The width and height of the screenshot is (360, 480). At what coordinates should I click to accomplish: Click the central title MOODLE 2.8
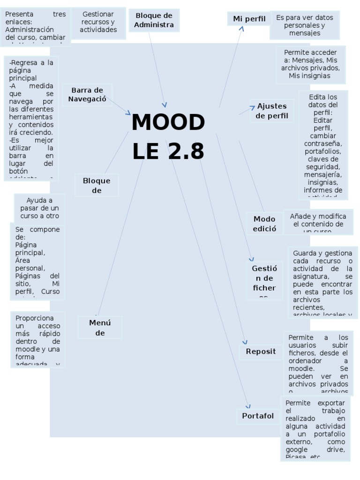coord(168,137)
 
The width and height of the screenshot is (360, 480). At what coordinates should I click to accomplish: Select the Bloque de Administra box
coord(154,20)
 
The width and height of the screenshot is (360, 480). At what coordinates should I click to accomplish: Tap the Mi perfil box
coord(249,19)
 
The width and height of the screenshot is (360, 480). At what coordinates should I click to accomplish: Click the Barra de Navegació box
coord(87,94)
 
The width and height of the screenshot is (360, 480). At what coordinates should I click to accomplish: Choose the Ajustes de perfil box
coord(272,111)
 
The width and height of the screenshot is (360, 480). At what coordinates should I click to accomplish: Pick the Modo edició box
coord(264,224)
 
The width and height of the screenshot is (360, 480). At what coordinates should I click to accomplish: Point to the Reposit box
coord(261,352)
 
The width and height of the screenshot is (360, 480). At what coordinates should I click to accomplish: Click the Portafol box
coord(258,416)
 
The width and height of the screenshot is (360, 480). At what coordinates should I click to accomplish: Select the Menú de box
coord(100,327)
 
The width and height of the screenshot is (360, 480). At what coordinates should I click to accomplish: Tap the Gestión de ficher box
coord(264,280)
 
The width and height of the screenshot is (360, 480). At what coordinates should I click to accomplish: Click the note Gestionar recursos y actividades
coord(98,22)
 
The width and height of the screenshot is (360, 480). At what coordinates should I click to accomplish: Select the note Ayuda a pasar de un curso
coord(39,208)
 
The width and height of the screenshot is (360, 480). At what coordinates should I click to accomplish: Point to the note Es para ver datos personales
coord(304,25)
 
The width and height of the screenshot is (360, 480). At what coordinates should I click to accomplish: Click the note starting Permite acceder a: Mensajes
coord(310,64)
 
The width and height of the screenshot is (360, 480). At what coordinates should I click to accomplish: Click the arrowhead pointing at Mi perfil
coord(242,29)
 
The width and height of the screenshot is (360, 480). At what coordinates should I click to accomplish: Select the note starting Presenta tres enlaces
coord(36,27)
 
